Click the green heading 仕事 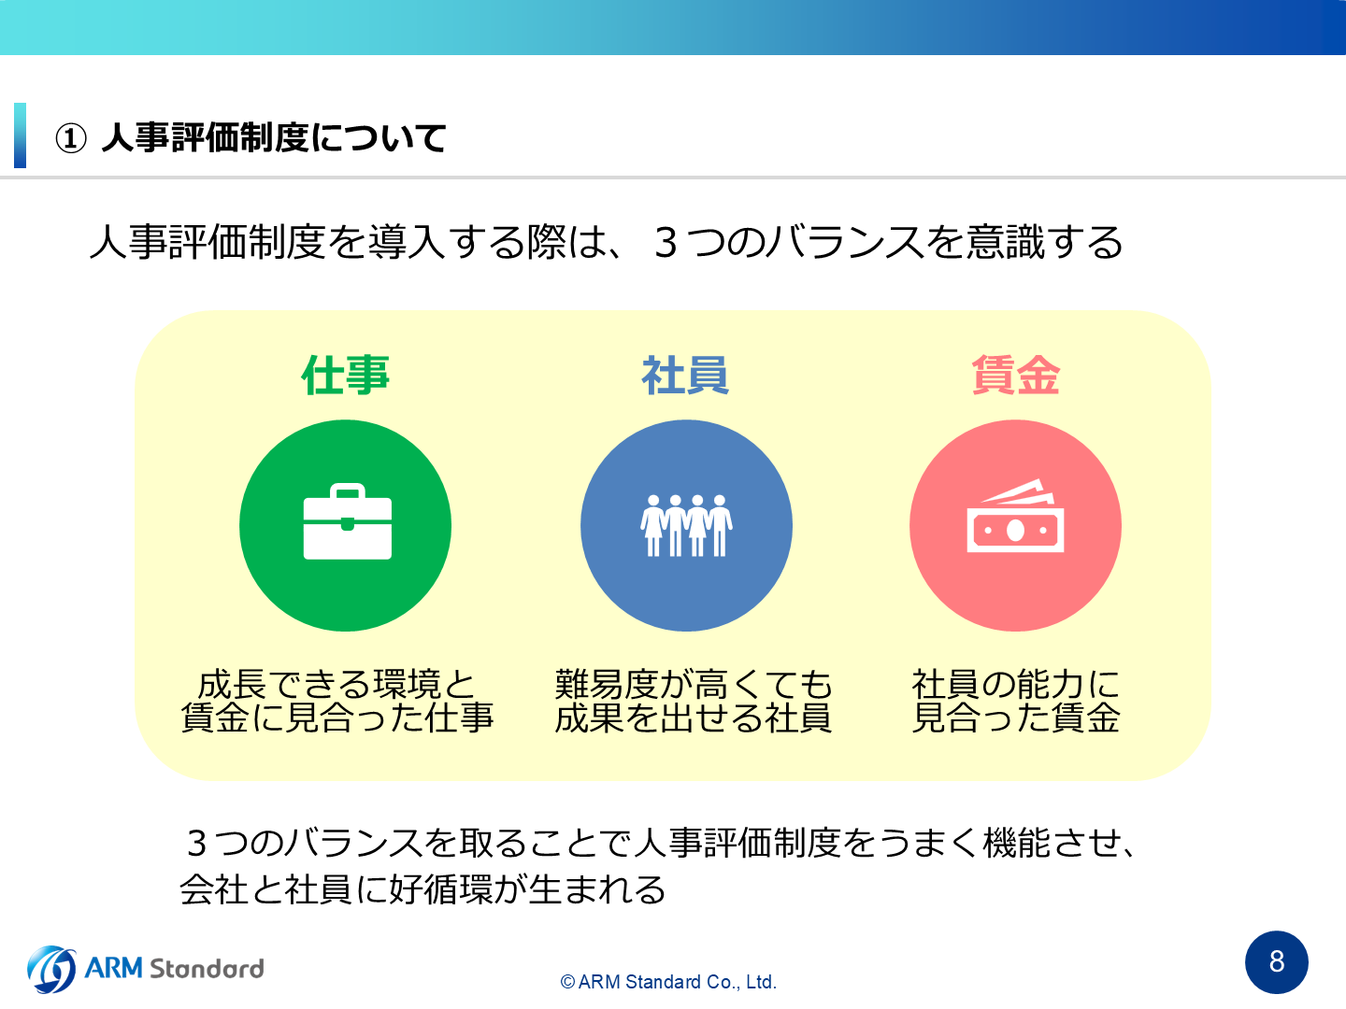pyautogui.click(x=345, y=375)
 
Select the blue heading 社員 pyautogui.click(x=685, y=375)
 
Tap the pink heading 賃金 pyautogui.click(x=1015, y=375)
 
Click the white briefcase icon pyautogui.click(x=347, y=521)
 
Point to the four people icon pyautogui.click(x=686, y=526)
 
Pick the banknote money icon pyautogui.click(x=1015, y=516)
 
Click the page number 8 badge pyautogui.click(x=1276, y=962)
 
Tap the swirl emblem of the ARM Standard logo pyautogui.click(x=51, y=969)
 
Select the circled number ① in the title pyautogui.click(x=70, y=138)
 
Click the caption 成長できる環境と pyautogui.click(x=336, y=684)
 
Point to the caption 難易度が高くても pyautogui.click(x=693, y=684)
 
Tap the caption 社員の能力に pyautogui.click(x=1015, y=684)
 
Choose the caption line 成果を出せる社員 pyautogui.click(x=693, y=718)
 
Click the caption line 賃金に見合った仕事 pyautogui.click(x=336, y=718)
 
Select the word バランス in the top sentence pyautogui.click(x=844, y=242)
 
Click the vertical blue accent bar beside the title pyautogui.click(x=21, y=135)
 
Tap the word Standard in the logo pyautogui.click(x=207, y=969)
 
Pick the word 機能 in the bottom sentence pyautogui.click(x=1017, y=843)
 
